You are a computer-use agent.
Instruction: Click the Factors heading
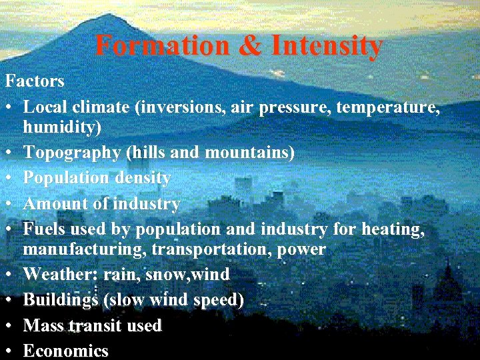click(x=35, y=81)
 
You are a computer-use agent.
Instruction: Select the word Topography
click(x=72, y=153)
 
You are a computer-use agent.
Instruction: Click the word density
click(x=142, y=178)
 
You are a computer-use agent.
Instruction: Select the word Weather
click(x=58, y=274)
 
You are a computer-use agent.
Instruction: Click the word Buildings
click(x=60, y=300)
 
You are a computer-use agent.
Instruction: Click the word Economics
click(x=65, y=351)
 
